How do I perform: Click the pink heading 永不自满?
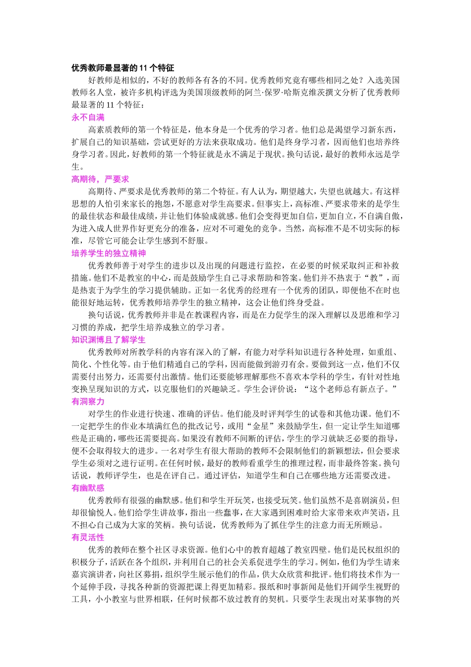(88, 118)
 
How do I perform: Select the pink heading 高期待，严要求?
(100, 179)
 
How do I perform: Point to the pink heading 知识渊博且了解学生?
(109, 339)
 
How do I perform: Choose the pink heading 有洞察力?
(88, 401)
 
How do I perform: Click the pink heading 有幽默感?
(88, 488)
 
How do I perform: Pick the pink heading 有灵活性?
(88, 537)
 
